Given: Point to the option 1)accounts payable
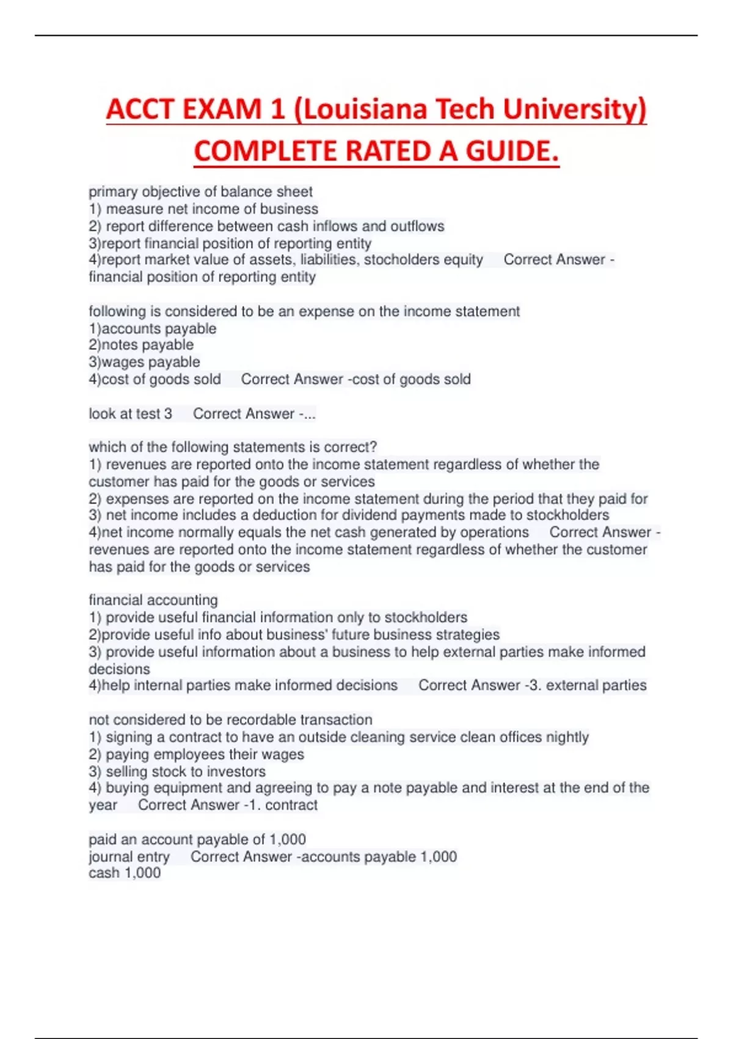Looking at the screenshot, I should point(153,329).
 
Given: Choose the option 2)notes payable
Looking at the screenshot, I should point(141,345).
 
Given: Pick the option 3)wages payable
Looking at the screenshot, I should point(144,362).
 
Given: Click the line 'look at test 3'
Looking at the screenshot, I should point(130,414).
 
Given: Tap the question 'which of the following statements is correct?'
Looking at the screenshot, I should point(233,447).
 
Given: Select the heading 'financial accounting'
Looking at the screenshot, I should point(153,600).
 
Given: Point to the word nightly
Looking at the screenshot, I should point(567,737).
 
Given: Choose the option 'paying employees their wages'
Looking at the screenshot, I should point(205,754).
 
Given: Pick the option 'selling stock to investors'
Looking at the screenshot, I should point(186,771).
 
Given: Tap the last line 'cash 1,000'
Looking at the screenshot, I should point(125,873).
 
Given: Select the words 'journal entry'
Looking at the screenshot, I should point(129,856).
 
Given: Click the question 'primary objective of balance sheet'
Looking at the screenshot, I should point(200,192).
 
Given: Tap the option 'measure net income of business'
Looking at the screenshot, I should point(211,209).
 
